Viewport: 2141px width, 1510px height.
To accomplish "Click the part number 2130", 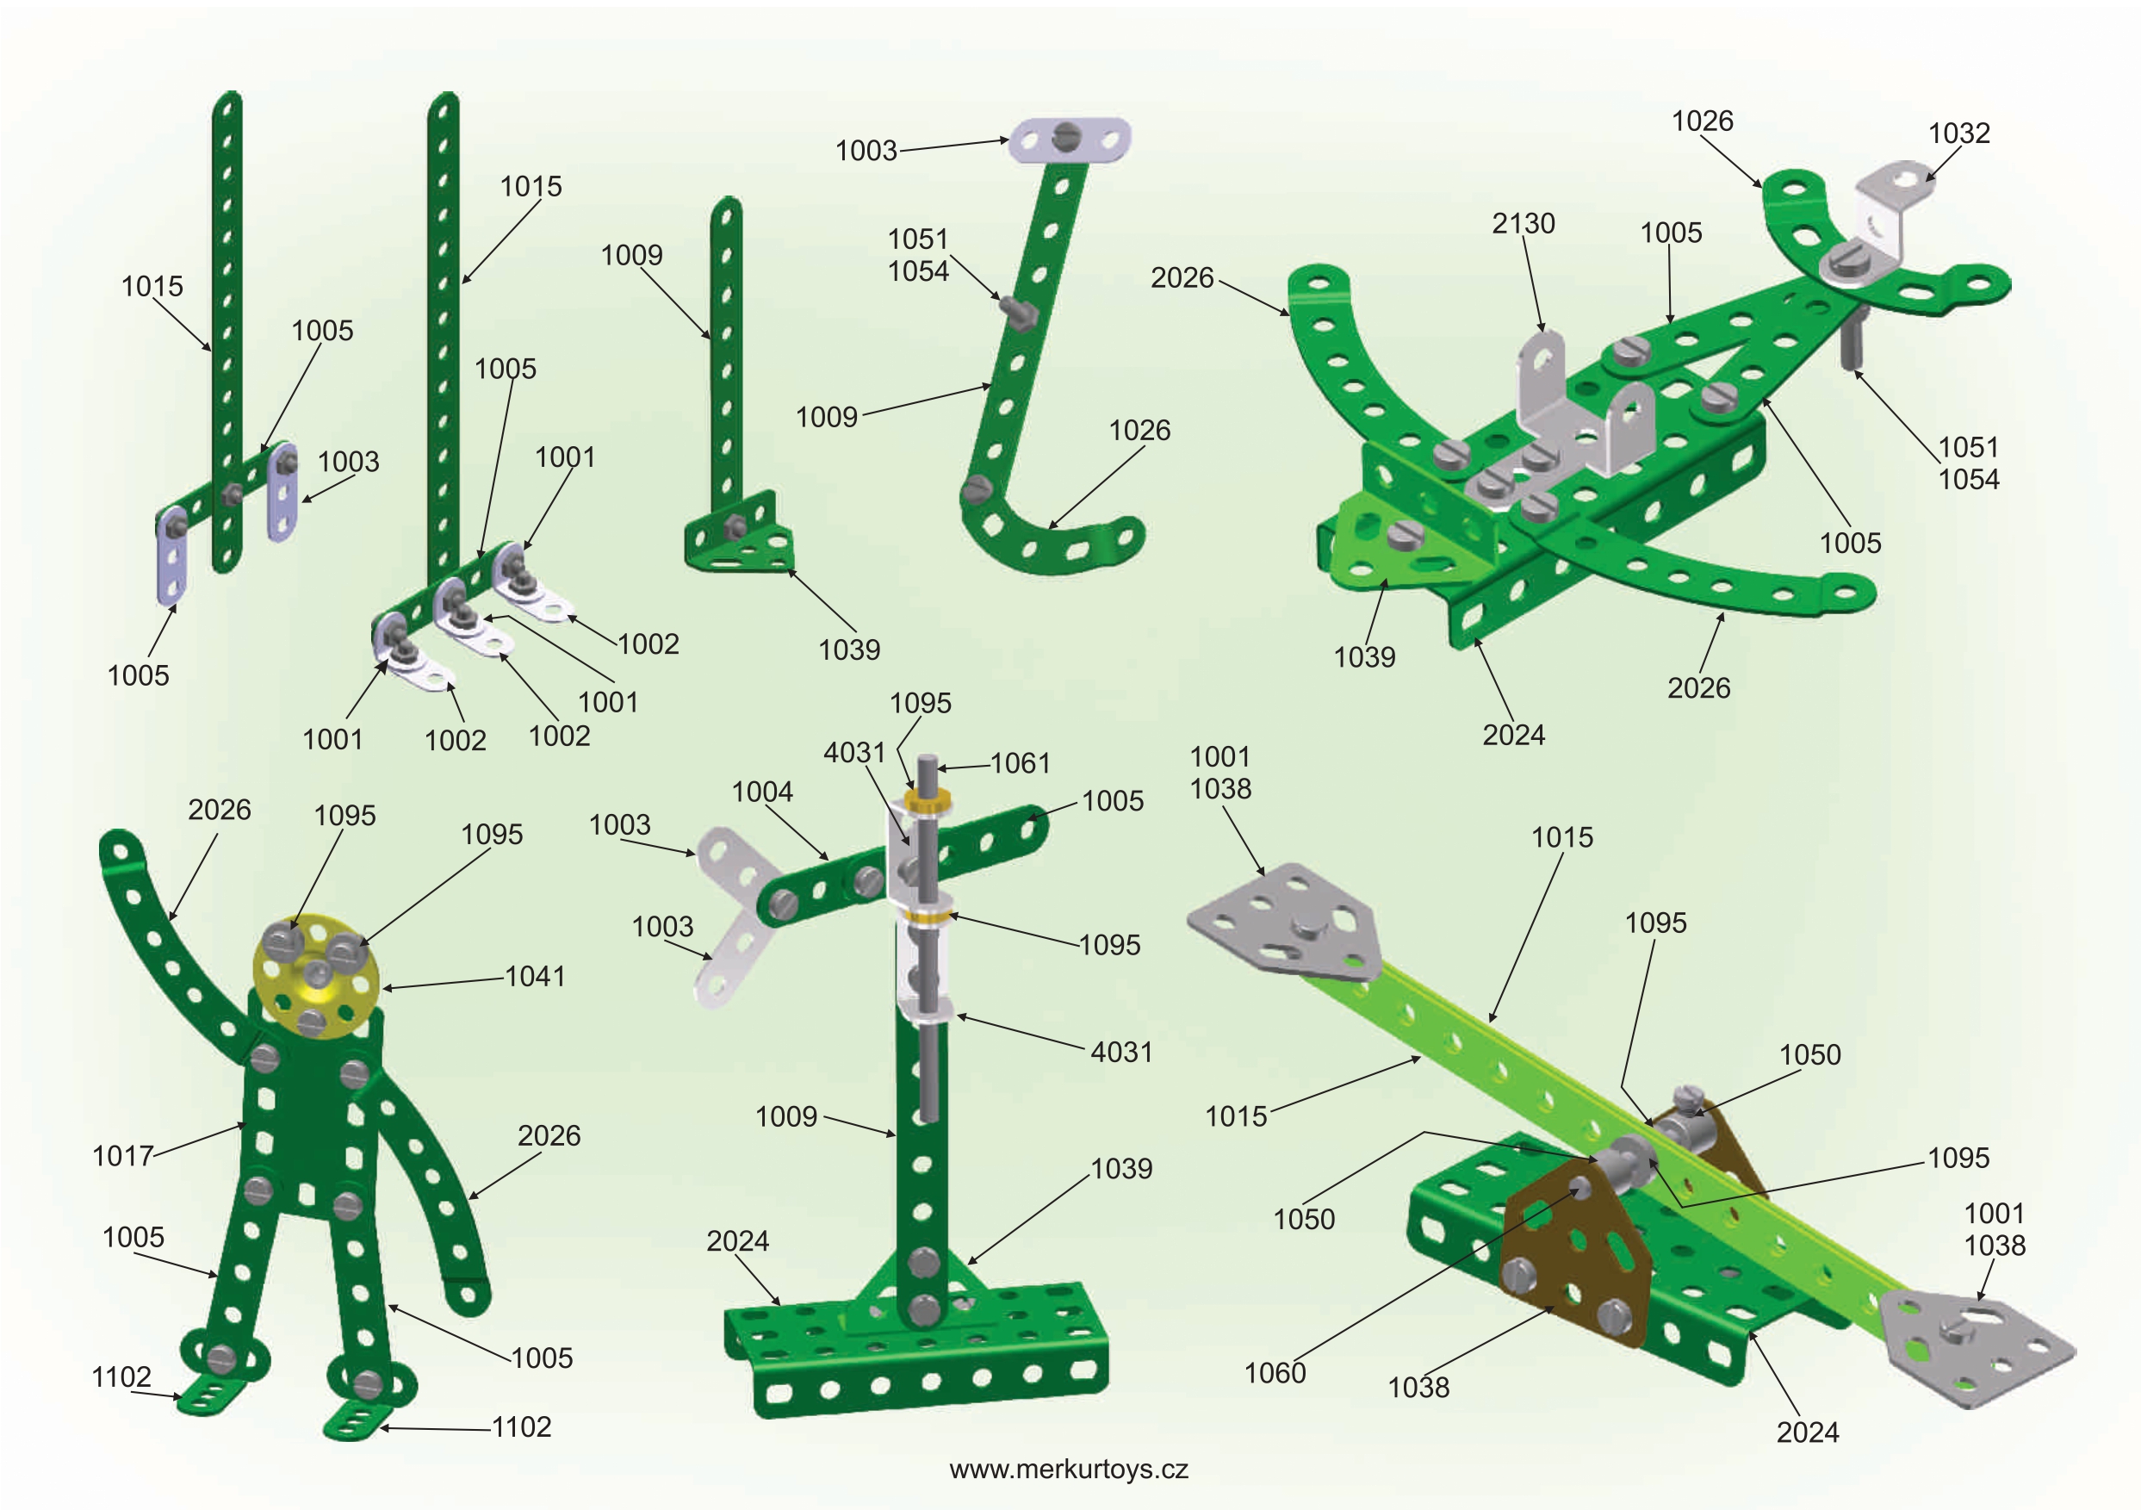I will pyautogui.click(x=1523, y=224).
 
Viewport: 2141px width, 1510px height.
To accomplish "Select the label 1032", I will pyautogui.click(x=1958, y=134).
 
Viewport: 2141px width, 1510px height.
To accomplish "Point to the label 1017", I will pyautogui.click(x=122, y=1156).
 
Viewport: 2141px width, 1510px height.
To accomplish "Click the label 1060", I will pyautogui.click(x=1274, y=1373).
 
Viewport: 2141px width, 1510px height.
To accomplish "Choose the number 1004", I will pyautogui.click(x=762, y=792).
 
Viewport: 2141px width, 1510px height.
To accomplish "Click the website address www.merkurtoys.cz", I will pyautogui.click(x=1069, y=1470).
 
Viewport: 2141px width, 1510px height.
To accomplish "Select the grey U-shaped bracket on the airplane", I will pyautogui.click(x=1576, y=410).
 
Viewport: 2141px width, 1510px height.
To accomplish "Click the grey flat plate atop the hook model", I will pyautogui.click(x=1070, y=140).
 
